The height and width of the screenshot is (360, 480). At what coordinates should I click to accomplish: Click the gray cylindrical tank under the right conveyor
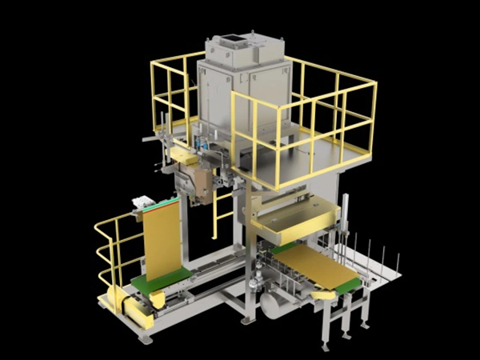(281, 304)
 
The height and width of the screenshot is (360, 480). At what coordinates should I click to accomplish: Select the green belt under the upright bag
(164, 280)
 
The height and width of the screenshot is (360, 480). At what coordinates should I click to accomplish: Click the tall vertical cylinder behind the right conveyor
(345, 216)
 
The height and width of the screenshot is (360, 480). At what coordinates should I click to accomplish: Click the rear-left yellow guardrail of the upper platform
(172, 88)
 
